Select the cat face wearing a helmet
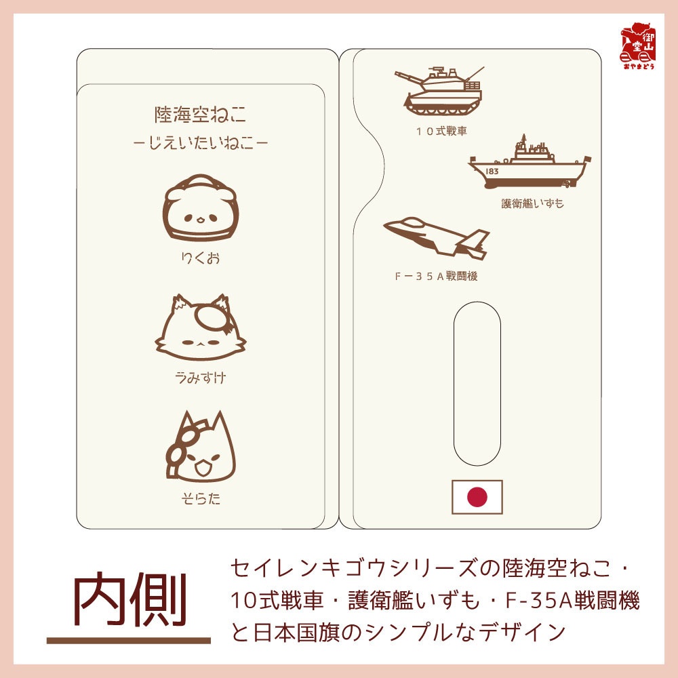(200, 210)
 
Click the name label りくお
(200, 258)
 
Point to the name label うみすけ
(200, 378)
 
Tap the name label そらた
(200, 500)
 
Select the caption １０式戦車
(442, 130)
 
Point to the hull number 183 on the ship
(492, 172)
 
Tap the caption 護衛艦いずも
(532, 203)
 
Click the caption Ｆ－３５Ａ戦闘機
(436, 277)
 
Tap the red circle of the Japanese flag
(477, 497)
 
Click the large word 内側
(129, 602)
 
